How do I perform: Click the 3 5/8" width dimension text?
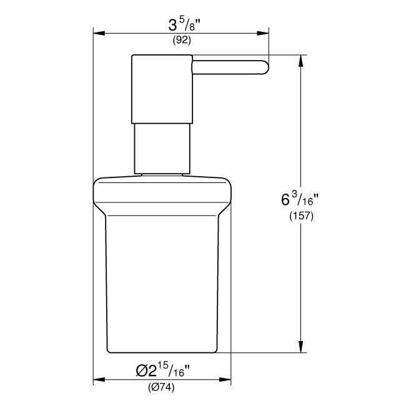coord(181,27)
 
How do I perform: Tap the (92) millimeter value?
coord(181,41)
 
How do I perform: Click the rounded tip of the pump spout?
coord(264,67)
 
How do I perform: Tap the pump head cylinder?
coord(161,88)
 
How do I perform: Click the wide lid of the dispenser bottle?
coord(162,196)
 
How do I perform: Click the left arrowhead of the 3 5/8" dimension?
coord(98,34)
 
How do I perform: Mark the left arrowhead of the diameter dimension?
coord(98,379)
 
